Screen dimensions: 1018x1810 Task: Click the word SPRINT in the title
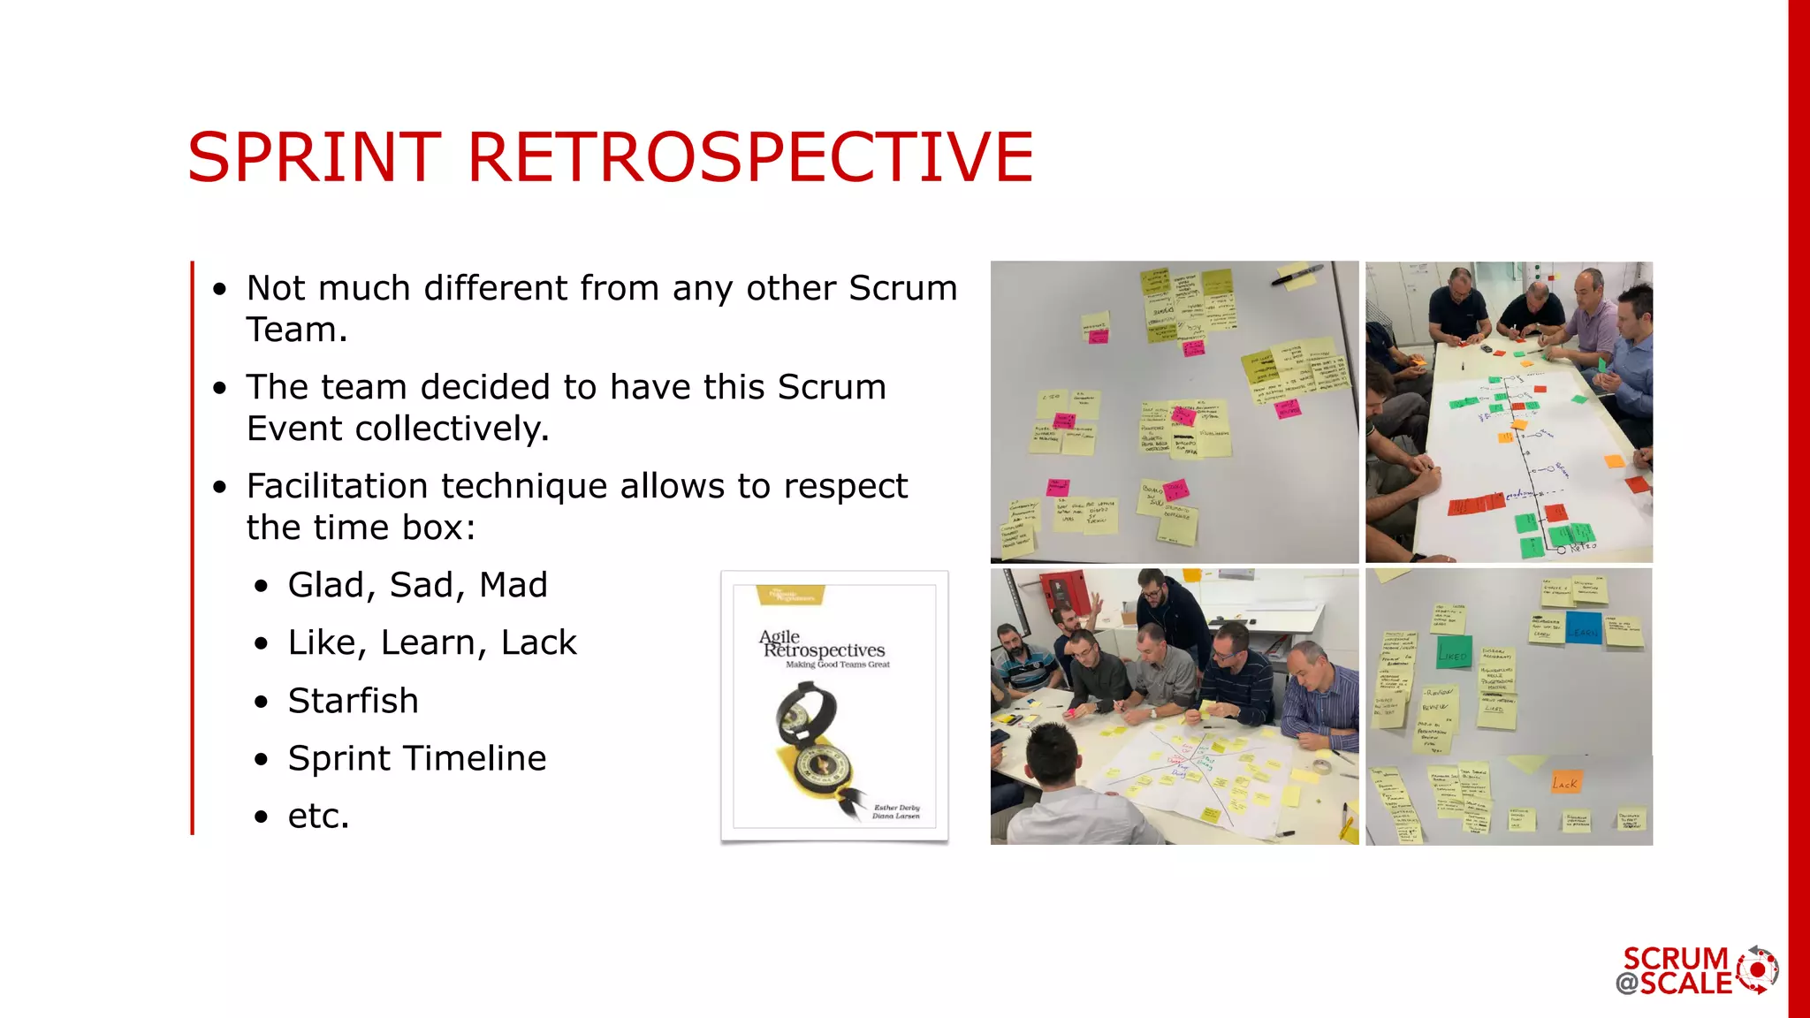(x=314, y=157)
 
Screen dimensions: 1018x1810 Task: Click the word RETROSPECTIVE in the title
(x=749, y=157)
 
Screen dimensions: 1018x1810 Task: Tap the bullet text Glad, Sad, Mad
(x=417, y=585)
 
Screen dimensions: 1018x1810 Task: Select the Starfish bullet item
(x=353, y=701)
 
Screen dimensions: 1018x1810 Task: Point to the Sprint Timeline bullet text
(x=416, y=758)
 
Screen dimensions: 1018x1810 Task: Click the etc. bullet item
(x=318, y=816)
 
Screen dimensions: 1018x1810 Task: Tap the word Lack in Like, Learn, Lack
(x=538, y=642)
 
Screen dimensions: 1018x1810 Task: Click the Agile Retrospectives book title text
(x=823, y=645)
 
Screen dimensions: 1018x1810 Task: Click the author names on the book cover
(x=896, y=811)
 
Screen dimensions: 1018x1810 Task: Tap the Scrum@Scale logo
(x=1696, y=970)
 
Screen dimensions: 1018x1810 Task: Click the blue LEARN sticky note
(x=1583, y=628)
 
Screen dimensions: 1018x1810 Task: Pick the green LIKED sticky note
(x=1453, y=653)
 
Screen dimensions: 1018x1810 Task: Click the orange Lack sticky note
(x=1565, y=782)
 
